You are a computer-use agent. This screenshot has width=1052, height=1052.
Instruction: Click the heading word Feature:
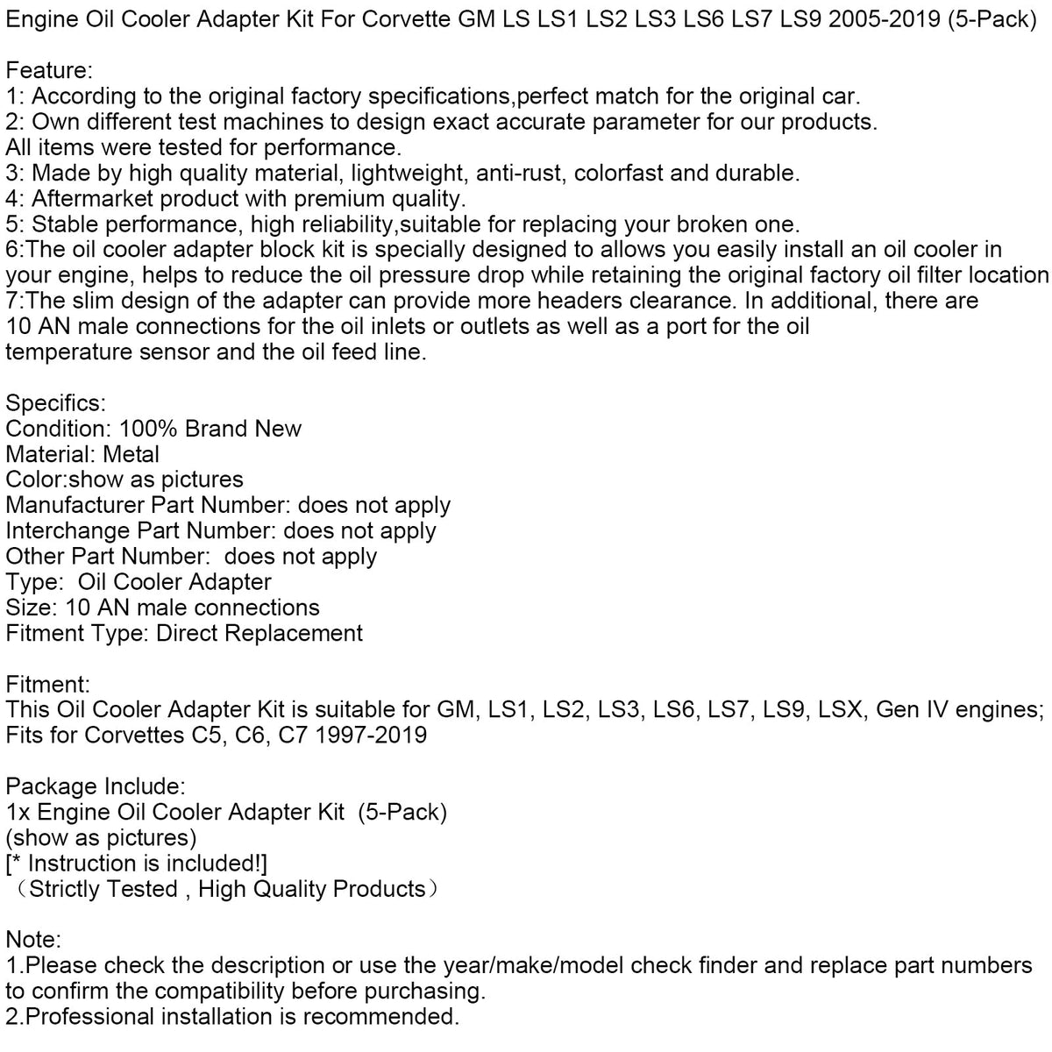[x=49, y=68]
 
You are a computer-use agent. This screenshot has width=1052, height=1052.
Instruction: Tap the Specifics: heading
[x=55, y=403]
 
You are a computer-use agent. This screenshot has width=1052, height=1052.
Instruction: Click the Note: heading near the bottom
[x=33, y=940]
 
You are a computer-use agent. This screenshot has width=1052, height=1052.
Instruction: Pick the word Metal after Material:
[x=131, y=454]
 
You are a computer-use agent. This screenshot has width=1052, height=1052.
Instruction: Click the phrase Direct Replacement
[x=259, y=633]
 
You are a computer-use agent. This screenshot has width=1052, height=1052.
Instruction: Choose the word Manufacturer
[x=75, y=505]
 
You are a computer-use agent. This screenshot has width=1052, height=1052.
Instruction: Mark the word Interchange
[x=67, y=530]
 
